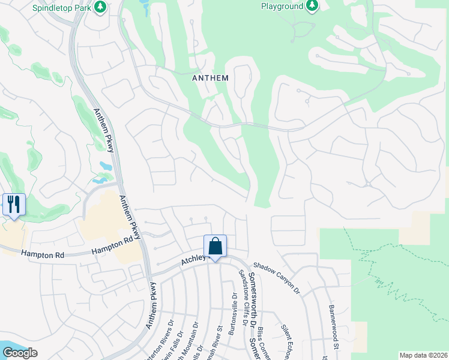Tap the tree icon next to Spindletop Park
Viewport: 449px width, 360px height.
click(101, 7)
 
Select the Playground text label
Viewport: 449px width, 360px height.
click(282, 6)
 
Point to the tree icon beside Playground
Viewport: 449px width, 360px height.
click(312, 6)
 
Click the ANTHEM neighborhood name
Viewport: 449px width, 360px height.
click(210, 78)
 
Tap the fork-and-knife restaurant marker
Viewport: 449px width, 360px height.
click(13, 205)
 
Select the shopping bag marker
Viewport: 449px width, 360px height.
click(215, 246)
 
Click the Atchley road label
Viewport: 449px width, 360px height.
click(194, 259)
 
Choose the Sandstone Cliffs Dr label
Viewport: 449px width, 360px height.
click(243, 296)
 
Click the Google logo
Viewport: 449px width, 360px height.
click(20, 353)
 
